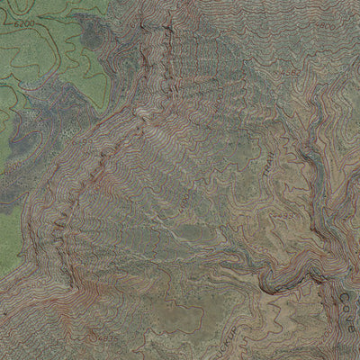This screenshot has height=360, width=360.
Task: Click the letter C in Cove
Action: coord(347,292)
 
